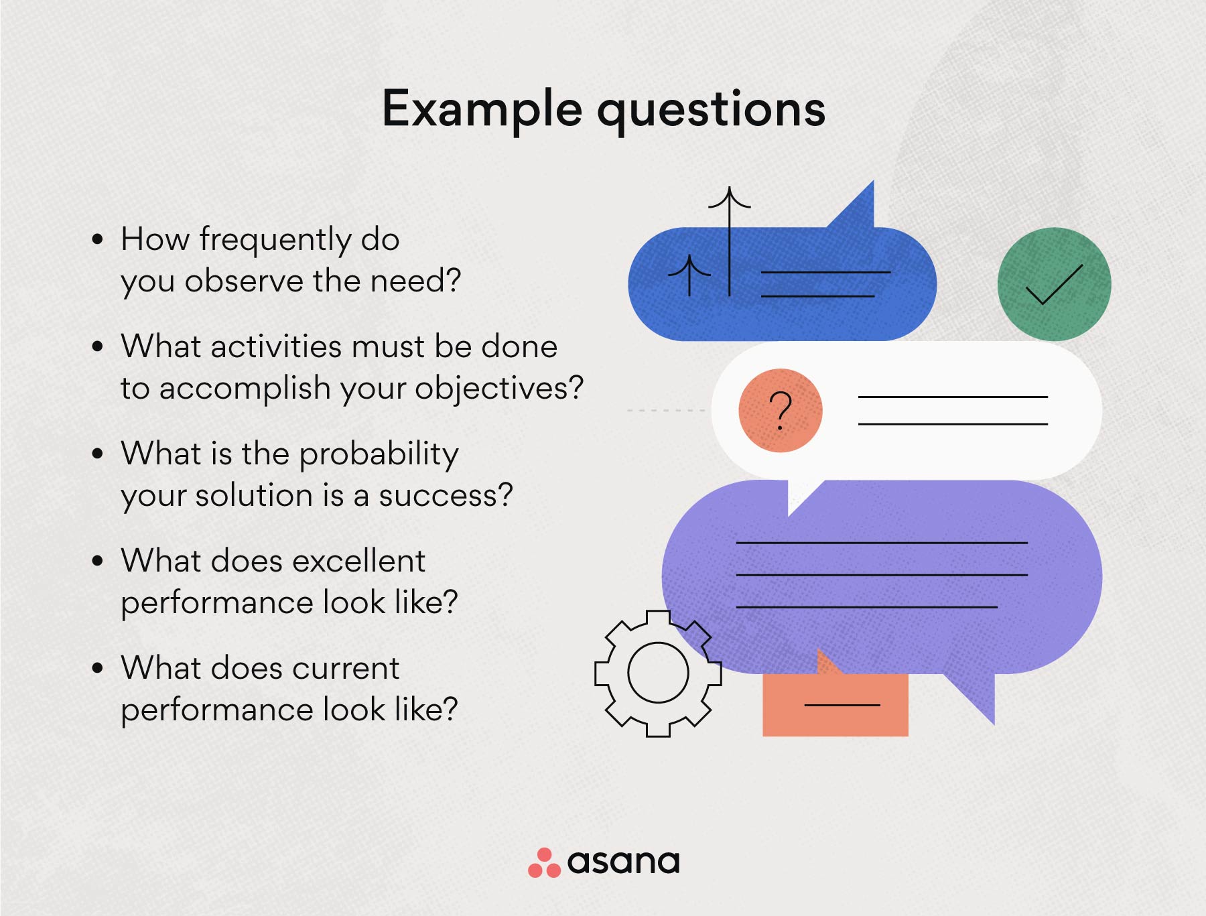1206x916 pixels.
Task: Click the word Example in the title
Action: [x=482, y=110]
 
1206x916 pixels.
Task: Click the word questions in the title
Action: [x=711, y=110]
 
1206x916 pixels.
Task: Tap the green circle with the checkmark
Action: [x=1054, y=284]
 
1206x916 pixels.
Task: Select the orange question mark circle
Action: [x=780, y=410]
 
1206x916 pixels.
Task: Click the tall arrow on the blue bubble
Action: [x=730, y=241]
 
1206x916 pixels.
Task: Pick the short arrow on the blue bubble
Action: [x=689, y=275]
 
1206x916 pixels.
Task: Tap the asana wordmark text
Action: [x=623, y=862]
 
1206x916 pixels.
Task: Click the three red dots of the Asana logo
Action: [x=544, y=863]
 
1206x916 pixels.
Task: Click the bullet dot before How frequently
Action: [x=98, y=239]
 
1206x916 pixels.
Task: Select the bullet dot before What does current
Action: [x=98, y=668]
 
